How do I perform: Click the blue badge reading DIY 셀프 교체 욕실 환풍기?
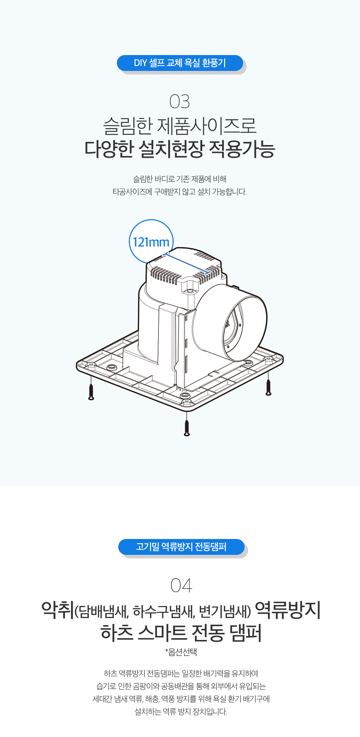pyautogui.click(x=180, y=63)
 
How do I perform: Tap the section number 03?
pyautogui.click(x=180, y=102)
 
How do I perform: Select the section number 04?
pyautogui.click(x=181, y=586)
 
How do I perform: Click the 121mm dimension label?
pyautogui.click(x=151, y=242)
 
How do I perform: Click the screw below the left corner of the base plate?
pyautogui.click(x=91, y=392)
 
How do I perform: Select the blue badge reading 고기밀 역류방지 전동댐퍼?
pyautogui.click(x=181, y=547)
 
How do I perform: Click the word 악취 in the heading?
pyautogui.click(x=58, y=610)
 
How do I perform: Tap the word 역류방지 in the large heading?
pyautogui.click(x=288, y=610)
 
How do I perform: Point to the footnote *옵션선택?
pyautogui.click(x=181, y=652)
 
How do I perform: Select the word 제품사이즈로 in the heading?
pyautogui.click(x=206, y=126)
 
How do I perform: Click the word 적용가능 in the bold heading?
pyautogui.click(x=242, y=149)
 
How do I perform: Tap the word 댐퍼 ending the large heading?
pyautogui.click(x=246, y=633)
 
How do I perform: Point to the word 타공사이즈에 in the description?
pyautogui.click(x=132, y=192)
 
